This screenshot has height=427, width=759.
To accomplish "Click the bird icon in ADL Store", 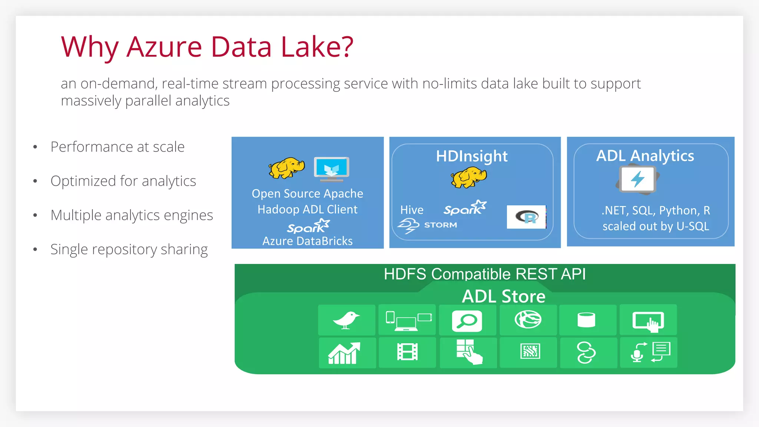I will tap(346, 320).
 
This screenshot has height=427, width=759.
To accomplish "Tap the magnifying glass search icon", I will tap(467, 321).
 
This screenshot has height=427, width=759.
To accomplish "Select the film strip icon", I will tap(407, 352).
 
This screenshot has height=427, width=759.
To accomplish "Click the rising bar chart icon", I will tap(344, 353).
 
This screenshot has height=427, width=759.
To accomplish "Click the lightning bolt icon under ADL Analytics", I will tap(638, 179).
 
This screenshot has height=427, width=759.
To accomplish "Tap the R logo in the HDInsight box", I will tap(526, 217).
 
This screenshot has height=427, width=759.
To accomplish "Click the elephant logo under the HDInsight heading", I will tap(469, 177).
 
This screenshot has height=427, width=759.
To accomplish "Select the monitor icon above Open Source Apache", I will tap(331, 169).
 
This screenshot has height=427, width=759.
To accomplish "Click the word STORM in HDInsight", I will tap(440, 225).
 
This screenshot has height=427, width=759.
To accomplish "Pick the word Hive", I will tap(412, 210).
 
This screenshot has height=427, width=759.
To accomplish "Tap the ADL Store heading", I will tap(504, 297).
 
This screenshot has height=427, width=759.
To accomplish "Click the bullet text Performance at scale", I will tap(117, 147).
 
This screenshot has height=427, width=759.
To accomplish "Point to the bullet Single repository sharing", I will tap(129, 249).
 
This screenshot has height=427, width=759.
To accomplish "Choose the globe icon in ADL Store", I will tap(528, 320).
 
